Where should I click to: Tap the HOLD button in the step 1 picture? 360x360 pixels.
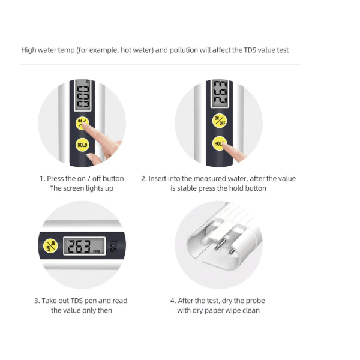[82, 145]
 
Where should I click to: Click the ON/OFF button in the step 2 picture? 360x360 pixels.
[220, 121]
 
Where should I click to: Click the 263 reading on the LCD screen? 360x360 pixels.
[79, 246]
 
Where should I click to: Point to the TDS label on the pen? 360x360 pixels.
[114, 245]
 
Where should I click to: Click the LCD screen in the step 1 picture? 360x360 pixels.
[83, 95]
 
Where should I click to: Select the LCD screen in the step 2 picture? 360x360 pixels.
[220, 94]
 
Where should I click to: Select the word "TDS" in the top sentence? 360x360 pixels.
[250, 50]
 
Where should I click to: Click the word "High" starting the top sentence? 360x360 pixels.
[28, 50]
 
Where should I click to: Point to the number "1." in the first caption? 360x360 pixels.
[42, 179]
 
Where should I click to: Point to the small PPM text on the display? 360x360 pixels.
[96, 251]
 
